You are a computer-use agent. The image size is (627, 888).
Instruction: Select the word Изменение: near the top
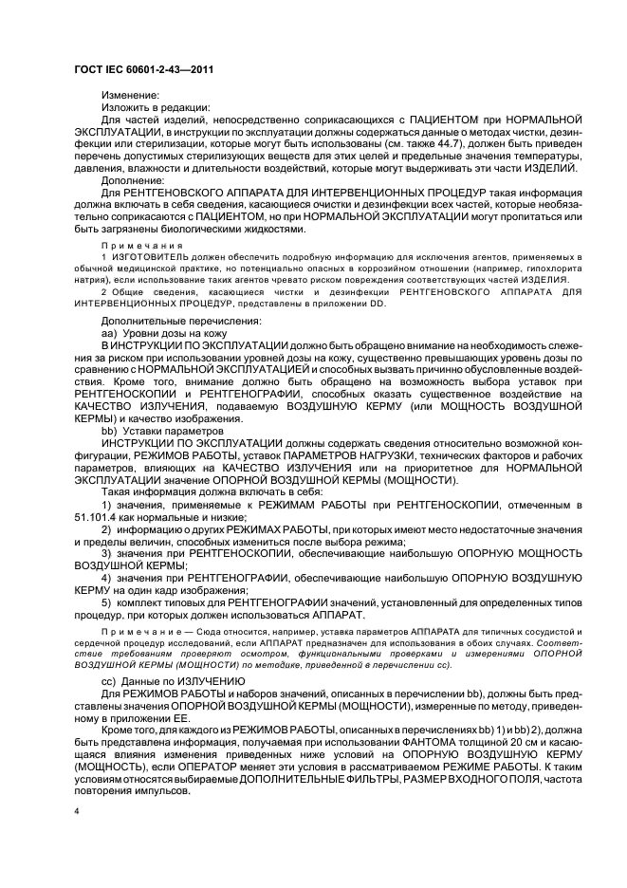tap(129, 95)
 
